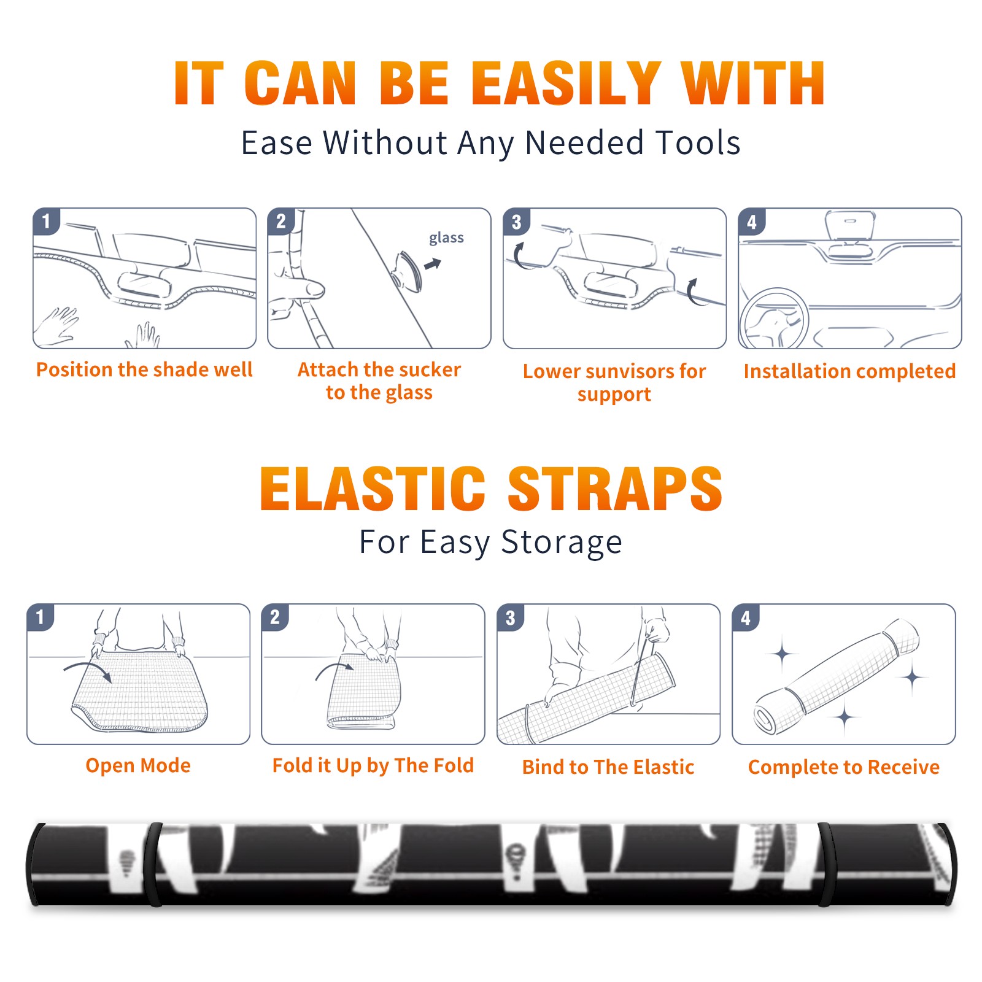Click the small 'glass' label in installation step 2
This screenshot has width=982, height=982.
(446, 238)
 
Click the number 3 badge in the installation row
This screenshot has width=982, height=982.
(516, 222)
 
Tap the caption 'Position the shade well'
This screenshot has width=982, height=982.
(144, 369)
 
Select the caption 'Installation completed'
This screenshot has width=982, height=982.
(849, 371)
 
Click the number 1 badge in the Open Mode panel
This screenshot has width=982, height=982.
(41, 617)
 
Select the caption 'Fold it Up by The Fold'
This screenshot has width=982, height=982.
(373, 766)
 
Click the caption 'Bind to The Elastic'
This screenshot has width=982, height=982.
(608, 767)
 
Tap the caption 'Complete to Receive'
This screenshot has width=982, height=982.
(844, 767)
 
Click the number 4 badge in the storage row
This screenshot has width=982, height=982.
(746, 617)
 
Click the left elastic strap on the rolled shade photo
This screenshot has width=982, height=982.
(153, 864)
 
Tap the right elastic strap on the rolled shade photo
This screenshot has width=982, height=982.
(824, 864)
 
